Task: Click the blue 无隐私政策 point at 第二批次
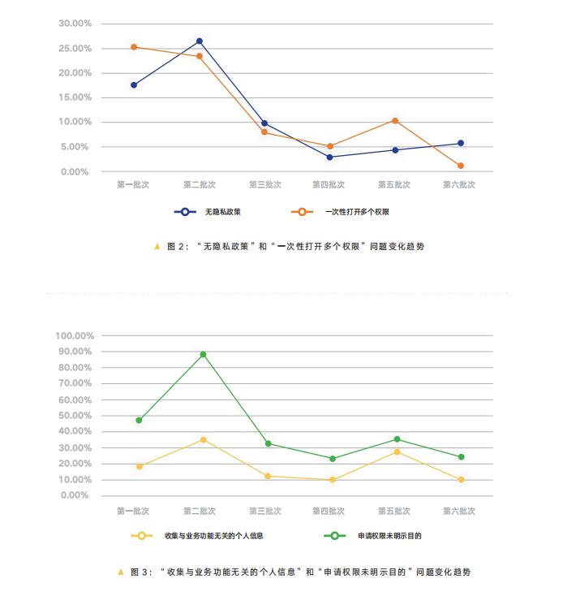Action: (199, 41)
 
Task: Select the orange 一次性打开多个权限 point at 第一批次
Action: (134, 47)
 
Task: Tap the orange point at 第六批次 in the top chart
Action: (460, 166)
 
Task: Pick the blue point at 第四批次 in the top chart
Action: (329, 157)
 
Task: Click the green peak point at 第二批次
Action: (203, 354)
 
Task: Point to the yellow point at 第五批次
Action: (397, 451)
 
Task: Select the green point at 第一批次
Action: (139, 420)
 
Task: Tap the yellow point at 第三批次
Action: (268, 476)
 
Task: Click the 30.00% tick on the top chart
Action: (75, 24)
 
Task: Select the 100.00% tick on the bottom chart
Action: (75, 335)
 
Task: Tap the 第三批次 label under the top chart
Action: (264, 185)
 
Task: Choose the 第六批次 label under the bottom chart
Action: (459, 512)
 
